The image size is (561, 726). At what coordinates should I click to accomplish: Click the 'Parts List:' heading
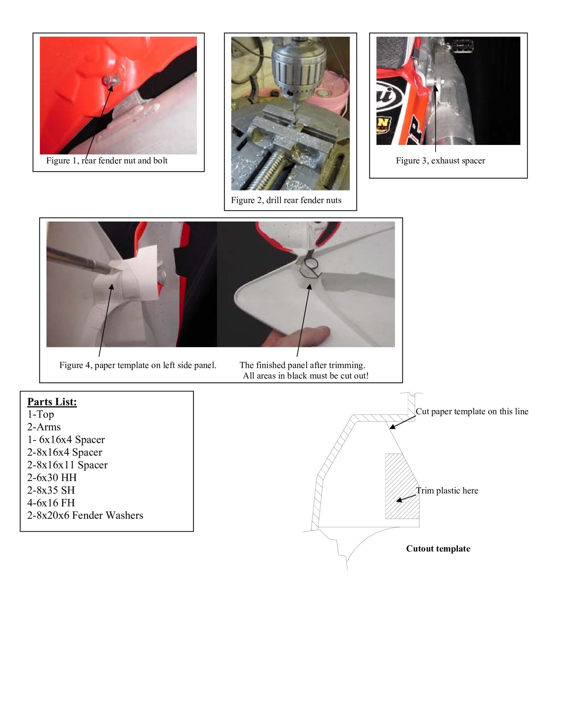pos(52,402)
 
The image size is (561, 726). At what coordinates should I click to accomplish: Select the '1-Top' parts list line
pos(41,415)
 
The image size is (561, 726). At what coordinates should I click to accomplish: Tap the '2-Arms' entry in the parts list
pos(44,427)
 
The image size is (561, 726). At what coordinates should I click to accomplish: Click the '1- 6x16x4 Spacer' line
pos(66,440)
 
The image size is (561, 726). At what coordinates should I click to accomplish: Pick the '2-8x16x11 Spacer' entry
pos(68,465)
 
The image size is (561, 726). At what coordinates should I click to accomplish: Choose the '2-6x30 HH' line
pos(52,478)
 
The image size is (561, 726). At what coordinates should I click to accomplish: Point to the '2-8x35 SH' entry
pos(51,490)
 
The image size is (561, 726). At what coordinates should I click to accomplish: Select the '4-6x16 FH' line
pos(51,503)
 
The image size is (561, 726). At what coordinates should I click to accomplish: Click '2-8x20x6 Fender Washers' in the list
pos(85,516)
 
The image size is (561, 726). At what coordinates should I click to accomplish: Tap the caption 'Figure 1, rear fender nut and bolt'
pos(107,161)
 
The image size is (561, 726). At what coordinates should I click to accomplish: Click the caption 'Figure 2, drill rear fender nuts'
pos(286,201)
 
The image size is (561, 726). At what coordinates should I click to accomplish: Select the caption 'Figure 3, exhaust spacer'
pos(440,161)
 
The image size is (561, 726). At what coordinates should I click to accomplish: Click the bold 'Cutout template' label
pos(438,549)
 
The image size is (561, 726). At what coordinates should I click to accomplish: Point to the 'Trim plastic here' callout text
pos(447,491)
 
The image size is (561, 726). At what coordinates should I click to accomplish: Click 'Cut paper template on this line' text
pos(472,411)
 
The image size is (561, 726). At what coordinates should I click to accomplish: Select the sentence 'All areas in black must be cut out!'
pos(305,376)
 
